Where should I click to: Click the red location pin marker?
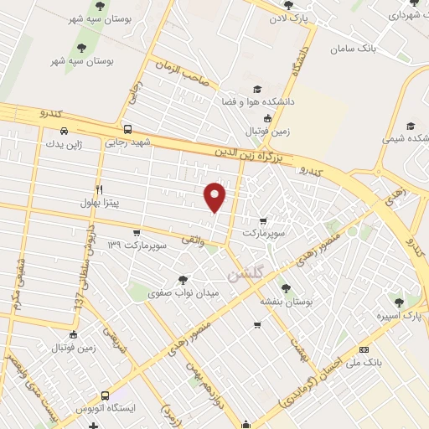point(216,196)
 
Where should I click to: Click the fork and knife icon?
point(99,189)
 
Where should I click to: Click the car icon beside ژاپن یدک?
point(65,131)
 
